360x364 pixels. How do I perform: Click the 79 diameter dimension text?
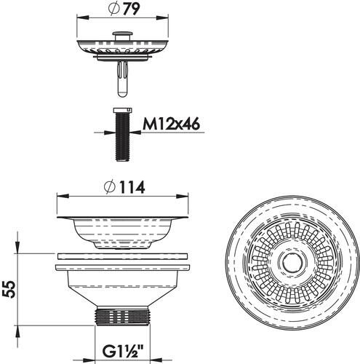pyautogui.click(x=132, y=9)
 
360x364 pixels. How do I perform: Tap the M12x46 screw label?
pyautogui.click(x=171, y=124)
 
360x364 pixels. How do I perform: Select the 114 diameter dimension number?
pyautogui.click(x=132, y=187)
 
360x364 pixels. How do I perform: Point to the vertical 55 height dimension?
pyautogui.click(x=10, y=290)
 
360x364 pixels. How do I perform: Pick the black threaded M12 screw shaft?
pyautogui.click(x=123, y=137)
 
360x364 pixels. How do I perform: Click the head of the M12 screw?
pyautogui.click(x=123, y=110)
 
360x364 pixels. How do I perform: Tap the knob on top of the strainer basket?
pyautogui.click(x=123, y=36)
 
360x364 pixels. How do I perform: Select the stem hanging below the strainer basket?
pyautogui.click(x=123, y=79)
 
